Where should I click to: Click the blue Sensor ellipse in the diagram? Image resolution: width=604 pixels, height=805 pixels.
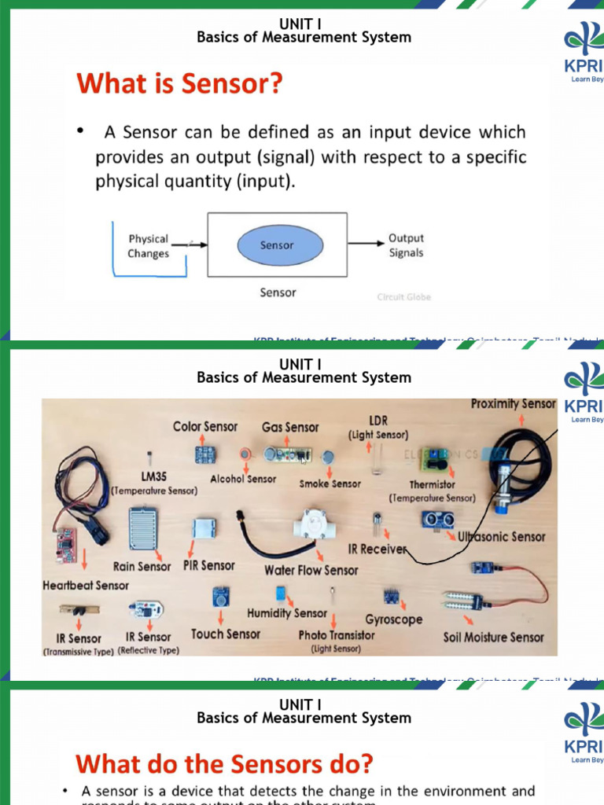click(x=277, y=245)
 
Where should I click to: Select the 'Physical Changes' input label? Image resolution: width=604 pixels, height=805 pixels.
click(x=149, y=246)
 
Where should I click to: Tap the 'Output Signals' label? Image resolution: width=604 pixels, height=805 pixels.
click(x=406, y=245)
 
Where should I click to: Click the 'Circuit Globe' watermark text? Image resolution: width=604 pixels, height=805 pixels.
click(x=404, y=297)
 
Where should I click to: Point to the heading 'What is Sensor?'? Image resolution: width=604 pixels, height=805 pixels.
click(x=179, y=84)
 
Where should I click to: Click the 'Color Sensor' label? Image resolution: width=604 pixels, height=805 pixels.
click(x=205, y=427)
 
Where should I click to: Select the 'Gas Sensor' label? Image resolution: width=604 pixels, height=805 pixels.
click(x=290, y=428)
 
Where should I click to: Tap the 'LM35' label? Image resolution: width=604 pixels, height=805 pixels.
click(x=153, y=477)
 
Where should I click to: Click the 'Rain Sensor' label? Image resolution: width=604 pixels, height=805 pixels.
click(x=142, y=566)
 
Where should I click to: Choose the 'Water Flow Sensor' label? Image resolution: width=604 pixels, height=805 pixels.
click(x=311, y=570)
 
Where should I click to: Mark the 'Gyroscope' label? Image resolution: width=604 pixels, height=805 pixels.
click(x=393, y=619)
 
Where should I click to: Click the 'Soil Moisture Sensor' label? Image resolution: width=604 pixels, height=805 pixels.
click(x=493, y=637)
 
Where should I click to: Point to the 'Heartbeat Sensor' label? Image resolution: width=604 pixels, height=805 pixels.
click(x=86, y=586)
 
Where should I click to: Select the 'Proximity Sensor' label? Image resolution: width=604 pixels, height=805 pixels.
click(x=513, y=404)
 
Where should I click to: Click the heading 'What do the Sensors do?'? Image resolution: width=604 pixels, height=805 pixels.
click(x=224, y=764)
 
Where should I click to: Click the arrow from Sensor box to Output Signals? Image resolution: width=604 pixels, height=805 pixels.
click(x=366, y=244)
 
